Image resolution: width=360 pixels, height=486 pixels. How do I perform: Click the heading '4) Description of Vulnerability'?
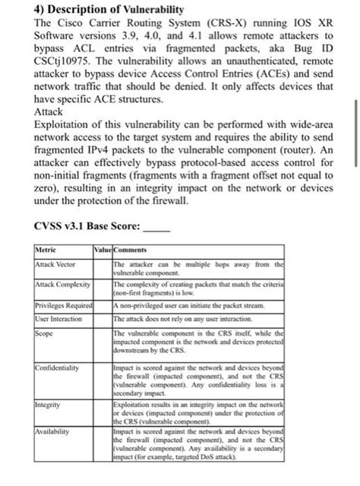tap(109, 8)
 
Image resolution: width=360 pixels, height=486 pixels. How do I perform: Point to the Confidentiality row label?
tap(58, 368)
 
